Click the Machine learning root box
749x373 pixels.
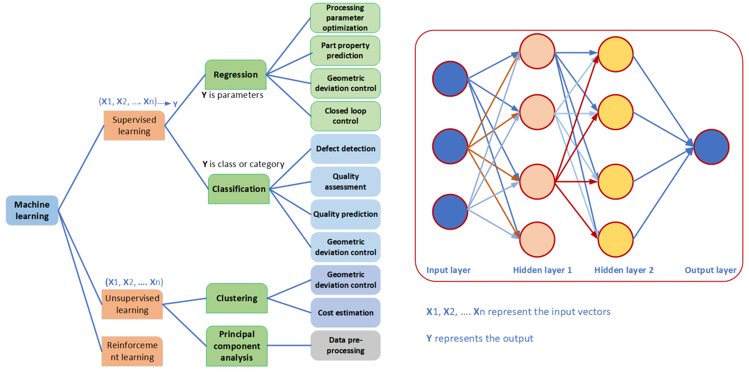pyautogui.click(x=32, y=210)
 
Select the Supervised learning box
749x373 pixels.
pyautogui.click(x=134, y=126)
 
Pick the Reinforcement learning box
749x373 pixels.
pyautogui.click(x=132, y=351)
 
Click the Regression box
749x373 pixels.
pyautogui.click(x=236, y=75)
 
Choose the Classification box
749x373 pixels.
pyautogui.click(x=239, y=189)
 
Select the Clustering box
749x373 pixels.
pyautogui.click(x=237, y=298)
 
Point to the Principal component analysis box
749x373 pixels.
pyautogui.click(x=237, y=346)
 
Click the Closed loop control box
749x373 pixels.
pyautogui.click(x=345, y=116)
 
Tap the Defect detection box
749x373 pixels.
pyautogui.click(x=345, y=149)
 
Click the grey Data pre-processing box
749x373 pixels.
pyautogui.click(x=345, y=345)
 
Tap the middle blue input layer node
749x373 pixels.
pyautogui.click(x=450, y=146)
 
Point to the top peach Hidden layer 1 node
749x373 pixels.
pyautogui.click(x=537, y=51)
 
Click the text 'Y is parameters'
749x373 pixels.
pyautogui.click(x=232, y=95)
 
